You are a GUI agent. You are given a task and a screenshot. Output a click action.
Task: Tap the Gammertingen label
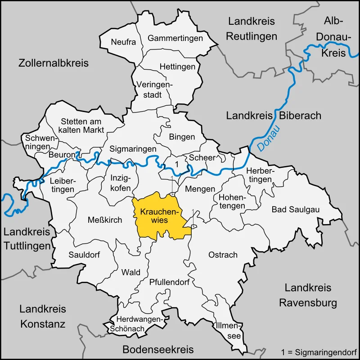point(175,38)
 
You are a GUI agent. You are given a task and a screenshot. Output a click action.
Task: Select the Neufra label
point(123,42)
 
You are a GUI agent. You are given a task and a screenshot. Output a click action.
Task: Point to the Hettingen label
point(178,67)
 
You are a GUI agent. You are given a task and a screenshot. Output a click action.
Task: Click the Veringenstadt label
point(155,90)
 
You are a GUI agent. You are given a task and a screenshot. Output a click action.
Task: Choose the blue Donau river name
point(268,138)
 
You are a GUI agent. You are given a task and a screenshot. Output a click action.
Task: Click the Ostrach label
point(223,255)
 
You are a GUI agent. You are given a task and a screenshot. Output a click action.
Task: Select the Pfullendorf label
point(169,283)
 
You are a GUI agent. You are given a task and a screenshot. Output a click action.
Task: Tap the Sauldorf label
point(84,255)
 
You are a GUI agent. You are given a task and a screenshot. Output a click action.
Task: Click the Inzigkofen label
point(121,183)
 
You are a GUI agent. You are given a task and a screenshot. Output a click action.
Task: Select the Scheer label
point(202,157)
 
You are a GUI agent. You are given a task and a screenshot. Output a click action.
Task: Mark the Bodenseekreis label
point(158,350)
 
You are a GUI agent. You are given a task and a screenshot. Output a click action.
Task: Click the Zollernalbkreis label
point(54,63)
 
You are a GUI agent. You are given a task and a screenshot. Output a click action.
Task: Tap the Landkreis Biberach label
point(274,116)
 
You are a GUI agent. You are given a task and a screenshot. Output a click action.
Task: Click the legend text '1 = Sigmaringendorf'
point(318,351)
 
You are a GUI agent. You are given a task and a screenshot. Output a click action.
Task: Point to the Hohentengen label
point(232,202)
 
